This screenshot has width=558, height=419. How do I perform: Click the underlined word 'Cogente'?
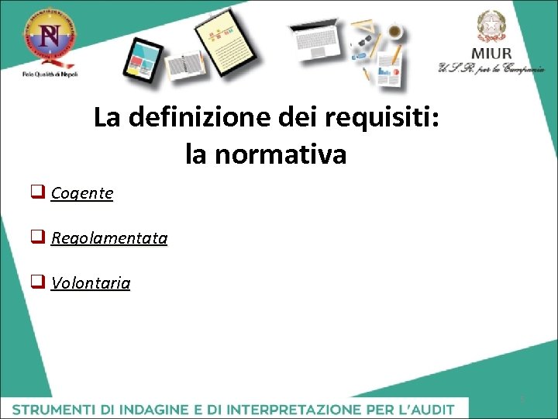coord(82,193)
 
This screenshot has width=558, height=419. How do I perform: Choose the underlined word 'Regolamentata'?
coord(109,238)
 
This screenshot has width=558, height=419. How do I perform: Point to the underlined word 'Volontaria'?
coord(91,283)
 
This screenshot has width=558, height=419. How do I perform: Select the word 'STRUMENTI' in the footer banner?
coord(53,408)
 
